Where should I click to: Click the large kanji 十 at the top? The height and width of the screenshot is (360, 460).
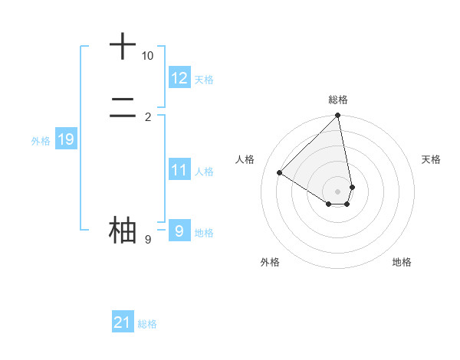click(123, 46)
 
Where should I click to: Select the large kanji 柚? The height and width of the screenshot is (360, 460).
click(123, 230)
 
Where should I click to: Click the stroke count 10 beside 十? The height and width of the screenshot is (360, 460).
click(147, 56)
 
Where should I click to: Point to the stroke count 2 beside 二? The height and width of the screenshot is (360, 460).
click(147, 116)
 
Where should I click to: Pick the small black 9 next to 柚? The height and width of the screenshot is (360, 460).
click(147, 240)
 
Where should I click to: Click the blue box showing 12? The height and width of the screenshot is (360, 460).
click(179, 78)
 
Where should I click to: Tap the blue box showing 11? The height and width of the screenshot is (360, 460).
click(179, 170)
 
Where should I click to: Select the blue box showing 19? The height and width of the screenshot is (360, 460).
click(65, 139)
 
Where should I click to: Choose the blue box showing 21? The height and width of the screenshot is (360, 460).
click(123, 322)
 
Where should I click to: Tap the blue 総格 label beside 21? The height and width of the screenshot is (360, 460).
click(147, 324)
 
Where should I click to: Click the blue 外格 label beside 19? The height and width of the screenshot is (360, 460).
click(41, 141)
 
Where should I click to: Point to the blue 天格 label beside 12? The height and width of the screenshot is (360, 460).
click(204, 80)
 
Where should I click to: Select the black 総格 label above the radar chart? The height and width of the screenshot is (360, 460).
click(338, 100)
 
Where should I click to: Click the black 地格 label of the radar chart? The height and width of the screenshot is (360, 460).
click(402, 263)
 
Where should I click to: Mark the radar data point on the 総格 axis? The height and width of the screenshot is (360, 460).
click(338, 116)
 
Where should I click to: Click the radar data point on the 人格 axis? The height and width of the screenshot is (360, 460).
click(280, 173)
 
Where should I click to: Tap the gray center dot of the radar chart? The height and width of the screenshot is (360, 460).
click(338, 191)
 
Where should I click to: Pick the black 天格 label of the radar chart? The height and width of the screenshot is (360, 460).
click(432, 159)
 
